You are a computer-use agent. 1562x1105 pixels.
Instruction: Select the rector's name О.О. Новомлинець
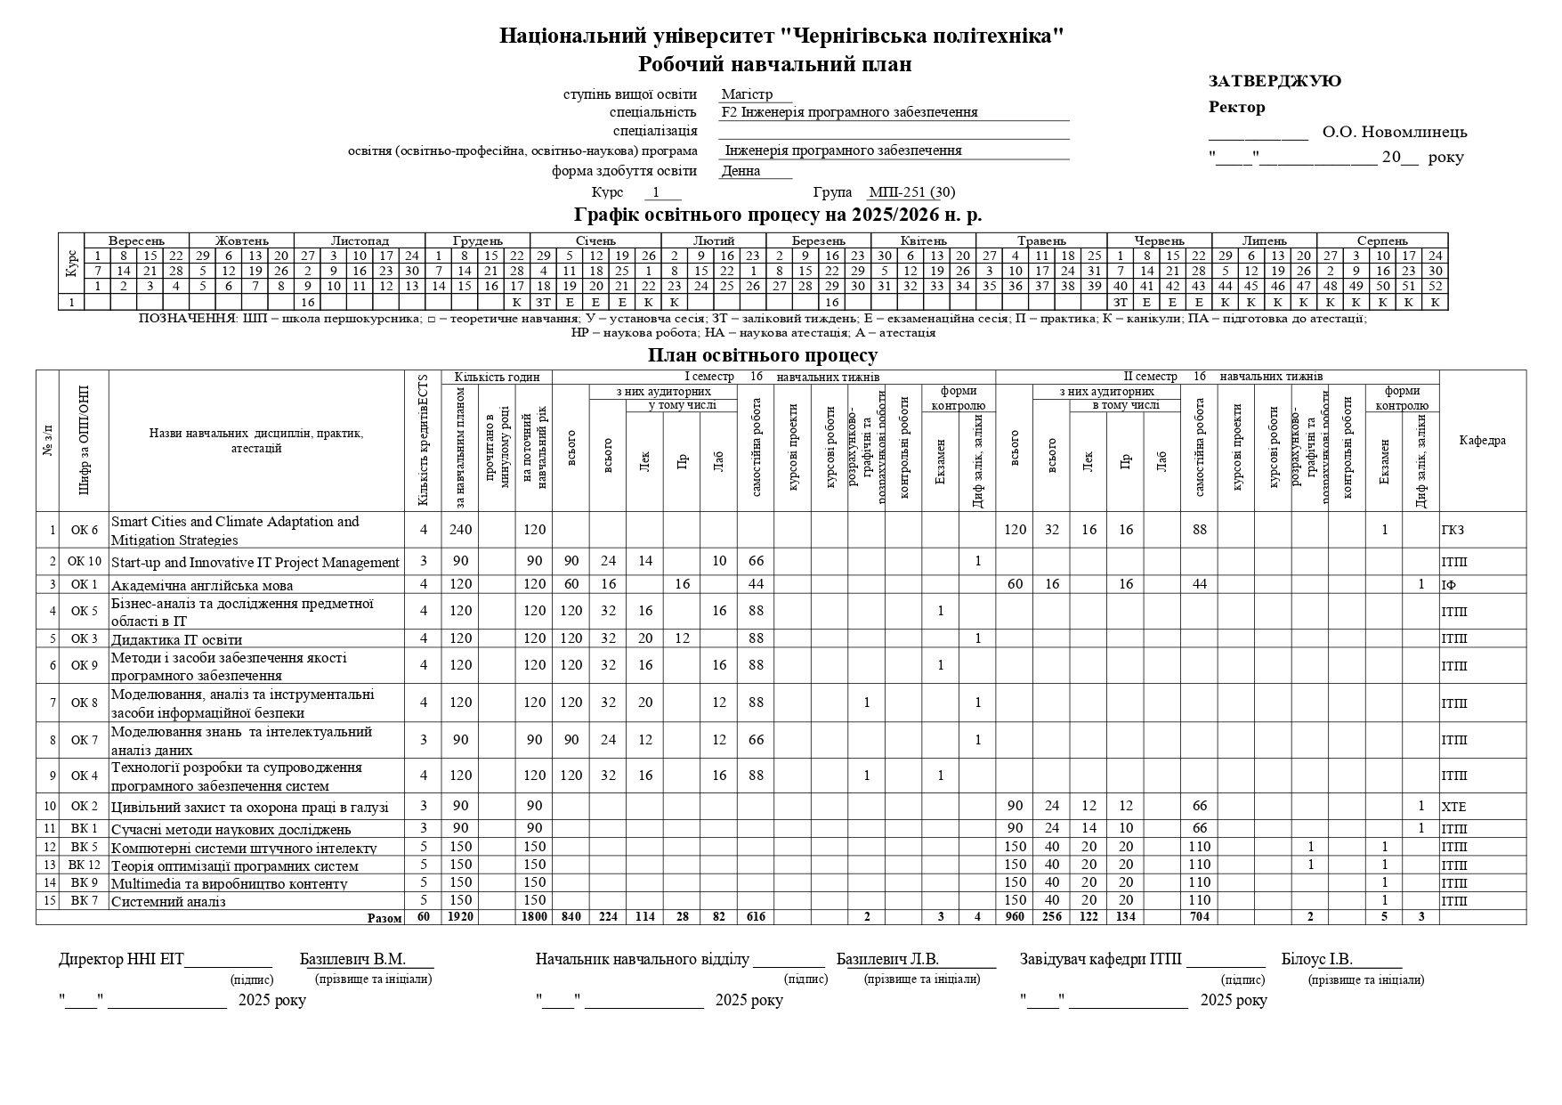tap(1394, 133)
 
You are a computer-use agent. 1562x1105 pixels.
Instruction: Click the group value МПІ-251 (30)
tap(911, 192)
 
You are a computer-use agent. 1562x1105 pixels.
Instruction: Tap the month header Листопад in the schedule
tap(360, 240)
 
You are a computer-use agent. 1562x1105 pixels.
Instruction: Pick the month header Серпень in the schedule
tap(1381, 240)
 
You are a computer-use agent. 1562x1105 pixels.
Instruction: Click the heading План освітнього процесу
tap(763, 355)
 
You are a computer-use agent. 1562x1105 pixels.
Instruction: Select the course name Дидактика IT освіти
tap(176, 639)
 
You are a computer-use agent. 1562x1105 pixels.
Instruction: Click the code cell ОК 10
tap(85, 562)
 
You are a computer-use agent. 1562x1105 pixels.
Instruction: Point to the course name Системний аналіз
tap(168, 901)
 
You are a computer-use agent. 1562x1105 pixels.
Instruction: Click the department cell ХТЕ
tap(1453, 807)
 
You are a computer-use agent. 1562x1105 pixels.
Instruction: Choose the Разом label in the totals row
tap(384, 917)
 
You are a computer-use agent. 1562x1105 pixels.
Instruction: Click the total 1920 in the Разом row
tap(460, 917)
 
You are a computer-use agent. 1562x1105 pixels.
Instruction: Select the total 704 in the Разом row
tap(1199, 917)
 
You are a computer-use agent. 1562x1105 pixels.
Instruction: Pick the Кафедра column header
tap(1482, 441)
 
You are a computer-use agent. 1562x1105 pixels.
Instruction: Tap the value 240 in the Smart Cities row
tap(460, 530)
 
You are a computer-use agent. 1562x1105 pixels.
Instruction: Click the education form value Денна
tap(741, 171)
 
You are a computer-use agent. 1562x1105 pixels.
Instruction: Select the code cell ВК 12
tap(85, 865)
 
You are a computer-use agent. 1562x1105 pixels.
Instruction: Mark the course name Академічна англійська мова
tap(202, 585)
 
